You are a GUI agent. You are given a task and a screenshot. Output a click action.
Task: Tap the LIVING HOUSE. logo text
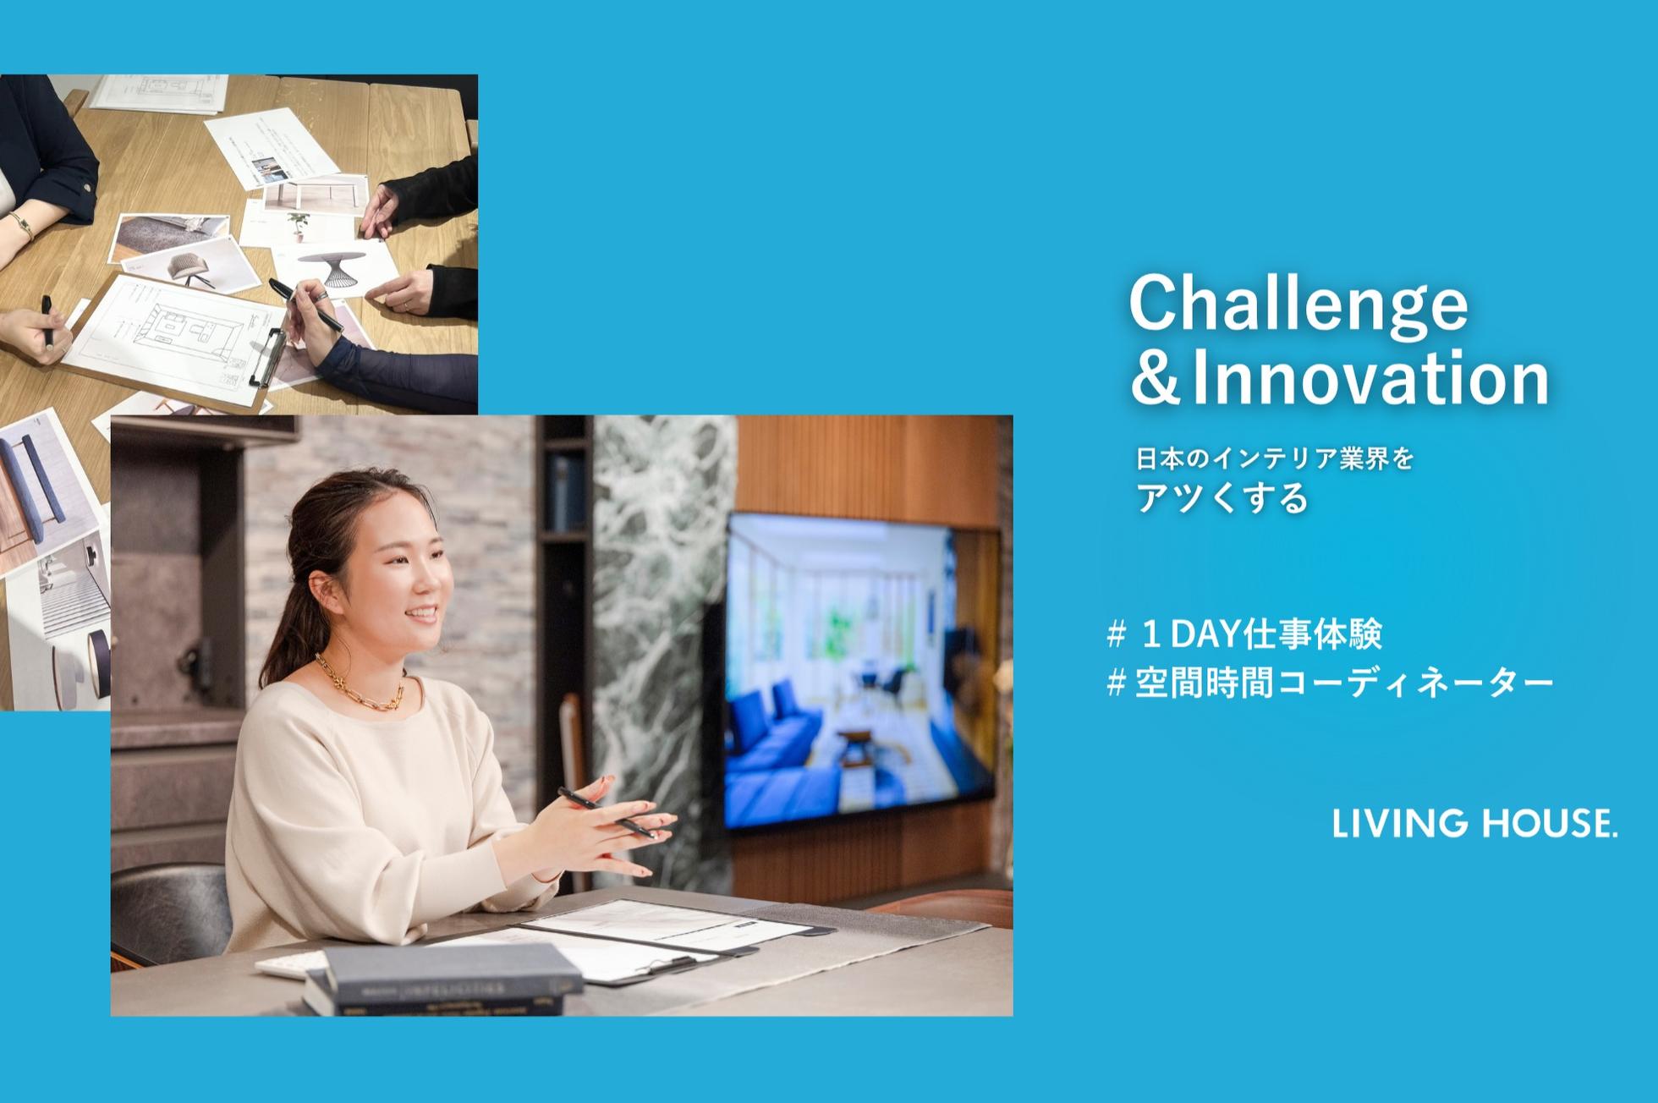pyautogui.click(x=1474, y=823)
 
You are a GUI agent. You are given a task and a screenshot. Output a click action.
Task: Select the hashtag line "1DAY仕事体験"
pyautogui.click(x=1244, y=634)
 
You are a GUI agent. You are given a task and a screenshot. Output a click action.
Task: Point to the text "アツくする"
pyautogui.click(x=1222, y=498)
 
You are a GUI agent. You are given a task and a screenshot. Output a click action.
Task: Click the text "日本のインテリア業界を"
pyautogui.click(x=1275, y=459)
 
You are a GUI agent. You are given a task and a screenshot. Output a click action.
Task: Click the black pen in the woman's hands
pyautogui.click(x=607, y=812)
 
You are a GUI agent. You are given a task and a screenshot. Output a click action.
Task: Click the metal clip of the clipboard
pyautogui.click(x=268, y=355)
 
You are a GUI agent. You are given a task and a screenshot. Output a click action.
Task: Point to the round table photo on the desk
pyautogui.click(x=334, y=266)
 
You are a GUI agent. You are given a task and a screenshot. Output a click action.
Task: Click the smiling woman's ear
pyautogui.click(x=319, y=589)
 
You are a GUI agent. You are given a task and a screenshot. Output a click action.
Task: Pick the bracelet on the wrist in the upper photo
pyautogui.click(x=20, y=224)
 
